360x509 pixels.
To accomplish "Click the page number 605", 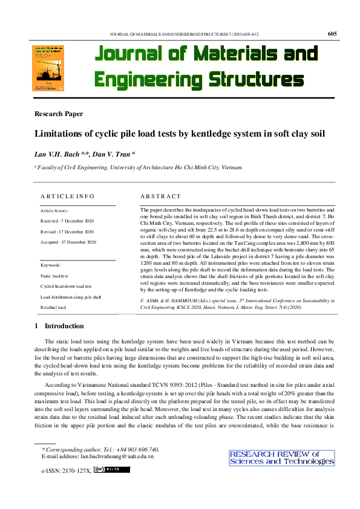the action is click(x=332, y=34).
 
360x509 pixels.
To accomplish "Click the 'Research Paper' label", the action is click(x=59, y=114).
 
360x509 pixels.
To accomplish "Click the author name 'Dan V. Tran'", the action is click(x=114, y=154).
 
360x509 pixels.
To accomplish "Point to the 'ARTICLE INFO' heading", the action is click(x=67, y=196).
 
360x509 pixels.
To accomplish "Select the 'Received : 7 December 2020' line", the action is click(x=67, y=221).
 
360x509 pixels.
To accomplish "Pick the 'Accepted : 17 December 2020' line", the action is click(x=68, y=242).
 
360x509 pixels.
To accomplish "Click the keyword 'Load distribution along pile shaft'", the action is click(x=71, y=297).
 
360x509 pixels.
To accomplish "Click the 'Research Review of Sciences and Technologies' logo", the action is click(x=281, y=458).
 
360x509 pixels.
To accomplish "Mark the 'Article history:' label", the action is click(x=54, y=210).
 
